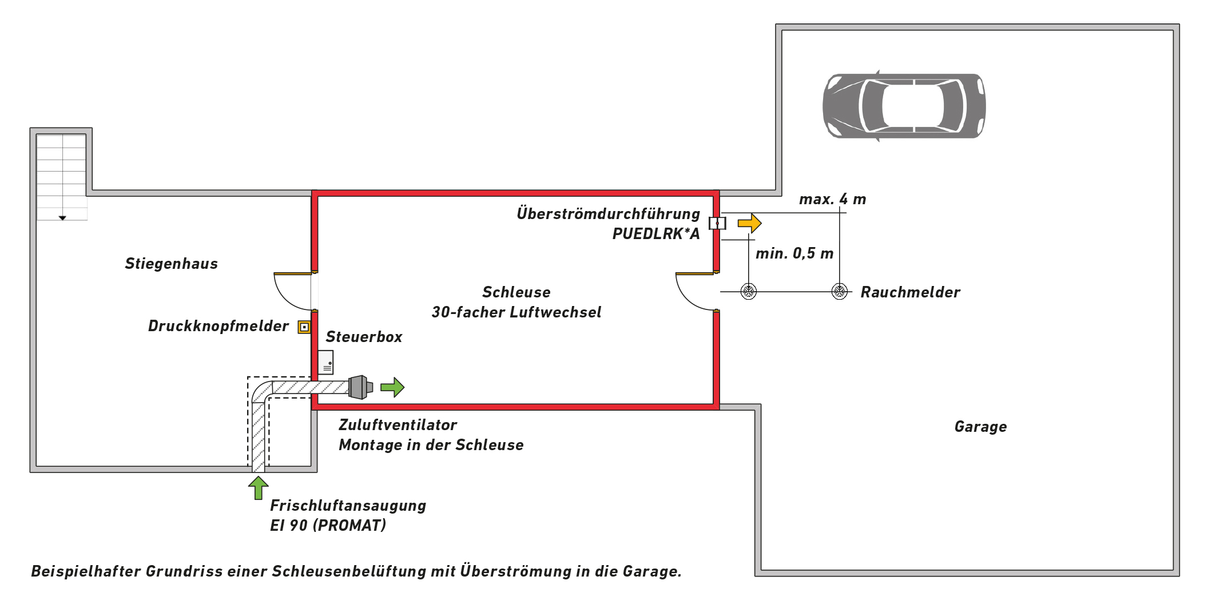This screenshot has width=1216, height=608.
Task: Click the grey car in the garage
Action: pos(904,106)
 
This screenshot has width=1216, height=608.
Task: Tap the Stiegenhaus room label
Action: pos(171,264)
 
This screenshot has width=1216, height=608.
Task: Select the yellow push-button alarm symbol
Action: pos(304,327)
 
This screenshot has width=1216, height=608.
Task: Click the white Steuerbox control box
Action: pos(325,362)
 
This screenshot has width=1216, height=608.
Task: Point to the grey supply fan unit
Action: pos(359,387)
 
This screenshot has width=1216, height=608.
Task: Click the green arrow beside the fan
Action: pos(392,387)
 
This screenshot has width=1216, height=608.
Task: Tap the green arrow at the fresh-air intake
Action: pos(258,488)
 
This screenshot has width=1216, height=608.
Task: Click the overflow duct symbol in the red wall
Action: pos(717,223)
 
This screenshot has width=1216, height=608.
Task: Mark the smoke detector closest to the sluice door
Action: pos(749,291)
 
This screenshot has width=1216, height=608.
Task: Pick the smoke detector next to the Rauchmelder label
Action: pos(839,291)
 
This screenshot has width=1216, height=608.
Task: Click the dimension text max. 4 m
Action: pos(832,199)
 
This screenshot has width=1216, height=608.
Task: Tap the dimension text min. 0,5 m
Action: pos(794,253)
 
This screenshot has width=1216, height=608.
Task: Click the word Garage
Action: pos(980,427)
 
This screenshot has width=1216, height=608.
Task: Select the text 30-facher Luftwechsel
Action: pos(516,312)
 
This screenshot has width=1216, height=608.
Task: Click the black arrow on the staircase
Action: pos(62,218)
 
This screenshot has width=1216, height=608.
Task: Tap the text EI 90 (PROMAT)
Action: pos(328,525)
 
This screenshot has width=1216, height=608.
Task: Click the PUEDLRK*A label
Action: pos(655,234)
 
